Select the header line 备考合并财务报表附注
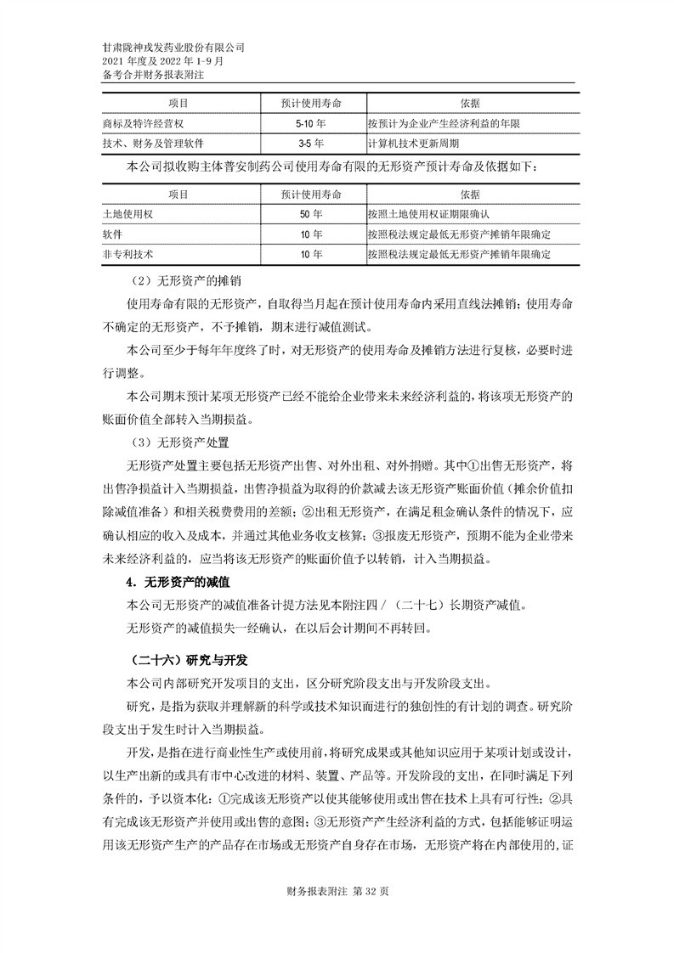153,75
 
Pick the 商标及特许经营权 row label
137,124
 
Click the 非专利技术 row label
127,253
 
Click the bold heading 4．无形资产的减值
178,584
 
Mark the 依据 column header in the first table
470,103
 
